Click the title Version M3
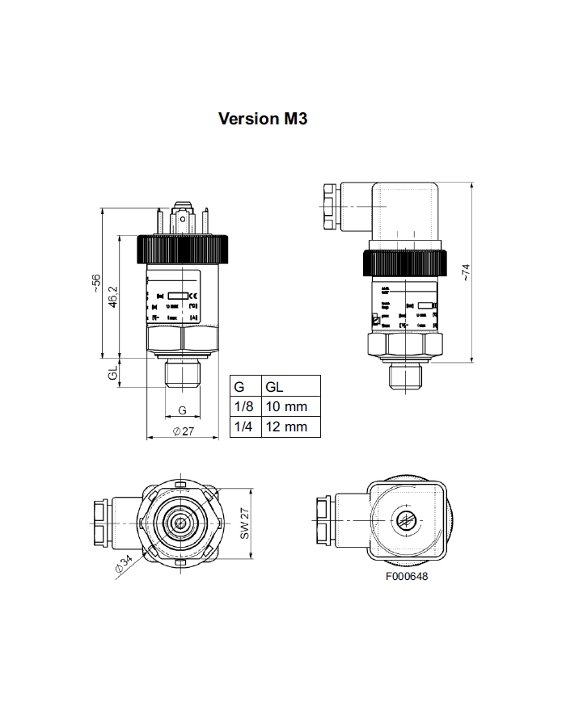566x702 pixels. tap(263, 119)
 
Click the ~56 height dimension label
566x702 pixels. tap(96, 283)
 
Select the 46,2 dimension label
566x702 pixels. tap(113, 296)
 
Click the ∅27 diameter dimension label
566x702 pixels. tap(184, 431)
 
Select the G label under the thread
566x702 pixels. tap(182, 410)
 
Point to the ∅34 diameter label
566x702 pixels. tap(124, 565)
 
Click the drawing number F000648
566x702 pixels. tap(406, 577)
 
